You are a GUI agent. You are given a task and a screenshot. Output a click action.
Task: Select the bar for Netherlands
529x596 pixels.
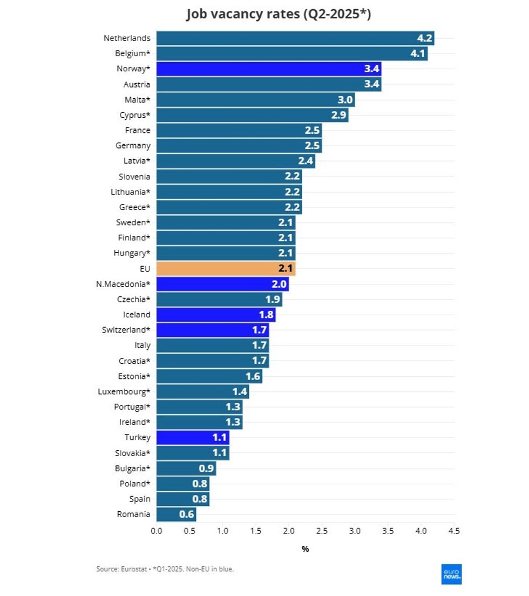point(295,38)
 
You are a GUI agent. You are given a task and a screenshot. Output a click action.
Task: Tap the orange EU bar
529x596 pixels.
point(226,268)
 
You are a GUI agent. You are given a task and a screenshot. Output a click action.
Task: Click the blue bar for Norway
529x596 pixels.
point(268,69)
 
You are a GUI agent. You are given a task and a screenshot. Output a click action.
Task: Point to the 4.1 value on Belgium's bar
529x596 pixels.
point(418,53)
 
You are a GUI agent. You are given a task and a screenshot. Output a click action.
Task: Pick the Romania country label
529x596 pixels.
point(133,514)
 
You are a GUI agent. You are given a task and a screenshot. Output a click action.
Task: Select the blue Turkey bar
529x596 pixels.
point(192,437)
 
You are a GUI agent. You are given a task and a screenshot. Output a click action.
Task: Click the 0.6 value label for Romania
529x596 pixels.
point(186,514)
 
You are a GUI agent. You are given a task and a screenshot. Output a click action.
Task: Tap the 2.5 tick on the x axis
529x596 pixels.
point(322,531)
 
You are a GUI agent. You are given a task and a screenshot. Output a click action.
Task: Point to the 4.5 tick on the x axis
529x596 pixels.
point(454,531)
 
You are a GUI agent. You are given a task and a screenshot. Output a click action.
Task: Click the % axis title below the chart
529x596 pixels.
point(305,549)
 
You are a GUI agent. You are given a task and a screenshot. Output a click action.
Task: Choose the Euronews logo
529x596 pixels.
point(451,574)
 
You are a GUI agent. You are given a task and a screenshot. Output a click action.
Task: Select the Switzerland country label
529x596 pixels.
point(126,330)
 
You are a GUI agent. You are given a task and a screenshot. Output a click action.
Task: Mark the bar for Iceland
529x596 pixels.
point(215,315)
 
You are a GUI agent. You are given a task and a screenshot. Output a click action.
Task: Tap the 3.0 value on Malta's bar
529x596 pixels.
point(345,100)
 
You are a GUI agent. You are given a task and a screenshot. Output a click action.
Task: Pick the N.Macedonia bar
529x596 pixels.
point(222,284)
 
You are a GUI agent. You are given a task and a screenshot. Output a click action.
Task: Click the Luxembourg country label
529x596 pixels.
point(124,391)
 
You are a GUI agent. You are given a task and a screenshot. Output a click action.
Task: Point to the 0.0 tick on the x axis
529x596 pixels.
point(157,531)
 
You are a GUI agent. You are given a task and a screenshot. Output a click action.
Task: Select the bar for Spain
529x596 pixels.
point(182,499)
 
